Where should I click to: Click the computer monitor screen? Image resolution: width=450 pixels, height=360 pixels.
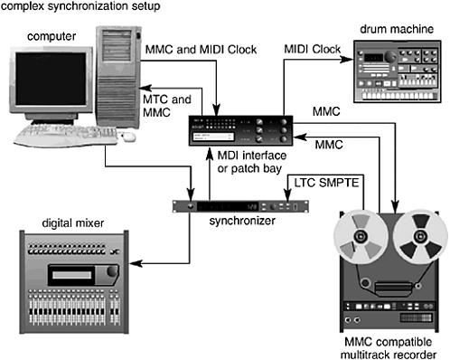[x=51, y=79]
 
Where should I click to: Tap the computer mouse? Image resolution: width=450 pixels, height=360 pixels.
[x=128, y=137]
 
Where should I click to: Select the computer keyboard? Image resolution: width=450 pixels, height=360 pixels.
[x=66, y=136]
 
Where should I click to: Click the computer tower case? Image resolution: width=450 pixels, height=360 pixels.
[x=118, y=78]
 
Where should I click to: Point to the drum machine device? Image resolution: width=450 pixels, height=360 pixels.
[x=397, y=71]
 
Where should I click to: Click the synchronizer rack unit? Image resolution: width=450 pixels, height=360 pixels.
[x=240, y=206]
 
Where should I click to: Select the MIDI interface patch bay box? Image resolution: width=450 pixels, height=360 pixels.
[x=240, y=130]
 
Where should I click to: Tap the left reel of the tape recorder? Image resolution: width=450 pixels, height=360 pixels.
[x=361, y=237]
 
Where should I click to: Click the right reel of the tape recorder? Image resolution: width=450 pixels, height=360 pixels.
[x=420, y=237]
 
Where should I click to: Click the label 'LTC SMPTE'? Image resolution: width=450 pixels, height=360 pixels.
[x=326, y=183]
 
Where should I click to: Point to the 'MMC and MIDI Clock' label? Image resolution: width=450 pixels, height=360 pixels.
[x=201, y=50]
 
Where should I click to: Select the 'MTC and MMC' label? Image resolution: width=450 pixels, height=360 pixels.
[x=167, y=106]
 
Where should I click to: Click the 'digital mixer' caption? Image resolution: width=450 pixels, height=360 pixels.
[x=73, y=223]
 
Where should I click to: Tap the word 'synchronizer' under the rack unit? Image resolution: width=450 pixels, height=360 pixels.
[x=242, y=221]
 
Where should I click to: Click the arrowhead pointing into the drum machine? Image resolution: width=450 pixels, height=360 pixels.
[x=346, y=60]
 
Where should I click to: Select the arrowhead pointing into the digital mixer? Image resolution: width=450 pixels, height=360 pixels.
[x=136, y=263]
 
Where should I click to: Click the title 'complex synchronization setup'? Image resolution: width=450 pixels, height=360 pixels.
[x=80, y=6]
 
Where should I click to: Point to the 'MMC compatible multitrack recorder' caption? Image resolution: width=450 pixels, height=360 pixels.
[x=389, y=348]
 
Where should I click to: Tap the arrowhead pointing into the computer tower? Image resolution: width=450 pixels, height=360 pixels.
[x=145, y=89]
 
